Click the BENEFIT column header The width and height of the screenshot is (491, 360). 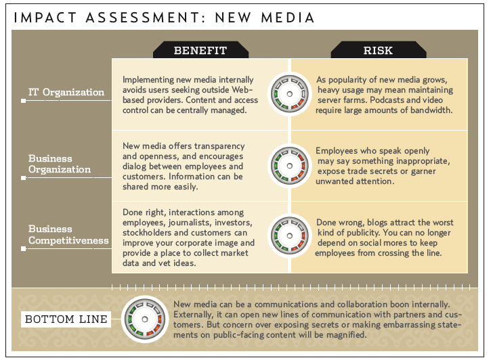(x=200, y=50)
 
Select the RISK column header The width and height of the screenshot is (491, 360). (x=379, y=50)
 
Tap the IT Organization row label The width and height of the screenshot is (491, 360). (x=66, y=92)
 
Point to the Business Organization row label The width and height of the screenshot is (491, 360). (x=60, y=164)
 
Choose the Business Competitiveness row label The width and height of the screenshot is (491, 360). (x=68, y=235)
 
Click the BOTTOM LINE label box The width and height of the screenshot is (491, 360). (x=66, y=319)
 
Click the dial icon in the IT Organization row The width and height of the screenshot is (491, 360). (x=290, y=94)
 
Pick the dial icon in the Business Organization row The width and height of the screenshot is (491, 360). (x=290, y=166)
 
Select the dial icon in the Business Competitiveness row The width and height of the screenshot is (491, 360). (x=290, y=235)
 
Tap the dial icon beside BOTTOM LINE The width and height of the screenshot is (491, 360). (x=145, y=319)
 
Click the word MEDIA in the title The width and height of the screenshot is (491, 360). (x=287, y=18)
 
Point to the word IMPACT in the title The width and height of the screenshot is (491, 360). (x=45, y=18)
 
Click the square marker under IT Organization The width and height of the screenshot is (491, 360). (x=23, y=101)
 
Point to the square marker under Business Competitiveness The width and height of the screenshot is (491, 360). (x=23, y=248)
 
